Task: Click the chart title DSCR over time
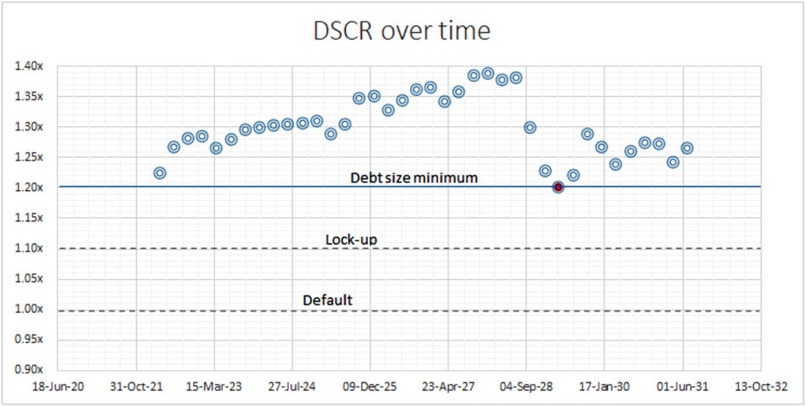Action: [401, 31]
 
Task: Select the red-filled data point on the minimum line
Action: [558, 187]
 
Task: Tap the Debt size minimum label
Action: [414, 178]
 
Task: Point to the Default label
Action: [327, 300]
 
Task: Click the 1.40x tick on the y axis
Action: [30, 66]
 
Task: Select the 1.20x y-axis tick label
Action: [30, 188]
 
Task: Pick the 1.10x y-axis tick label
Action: [30, 249]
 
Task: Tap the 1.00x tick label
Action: [30, 309]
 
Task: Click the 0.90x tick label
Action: [30, 370]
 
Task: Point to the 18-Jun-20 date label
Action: [59, 387]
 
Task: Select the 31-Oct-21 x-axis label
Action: [137, 387]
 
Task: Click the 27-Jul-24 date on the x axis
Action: [292, 387]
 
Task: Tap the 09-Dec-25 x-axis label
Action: [370, 387]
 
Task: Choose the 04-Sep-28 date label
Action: [526, 387]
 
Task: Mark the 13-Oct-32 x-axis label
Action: [761, 387]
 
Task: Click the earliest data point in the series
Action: [160, 173]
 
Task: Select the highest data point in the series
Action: [488, 73]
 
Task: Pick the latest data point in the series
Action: [687, 148]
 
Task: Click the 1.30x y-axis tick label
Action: [30, 127]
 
